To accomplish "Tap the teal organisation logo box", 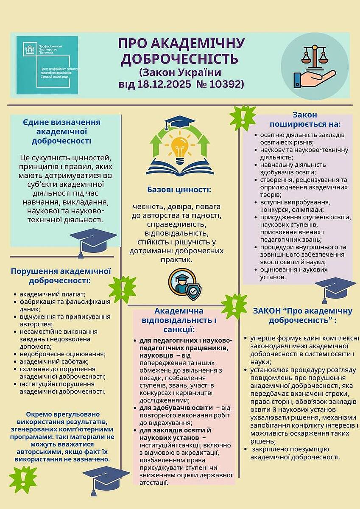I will pos(47,65).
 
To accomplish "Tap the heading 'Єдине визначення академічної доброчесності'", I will pos(61,131).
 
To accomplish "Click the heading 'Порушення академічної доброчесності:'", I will pos(61,276).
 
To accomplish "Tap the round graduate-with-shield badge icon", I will pos(183,283).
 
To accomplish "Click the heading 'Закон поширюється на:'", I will pos(305,120).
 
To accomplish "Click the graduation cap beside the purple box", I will pos(335,288).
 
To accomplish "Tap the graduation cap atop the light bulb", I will pos(179,123).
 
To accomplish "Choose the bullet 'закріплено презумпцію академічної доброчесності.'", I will pos(295,453).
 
